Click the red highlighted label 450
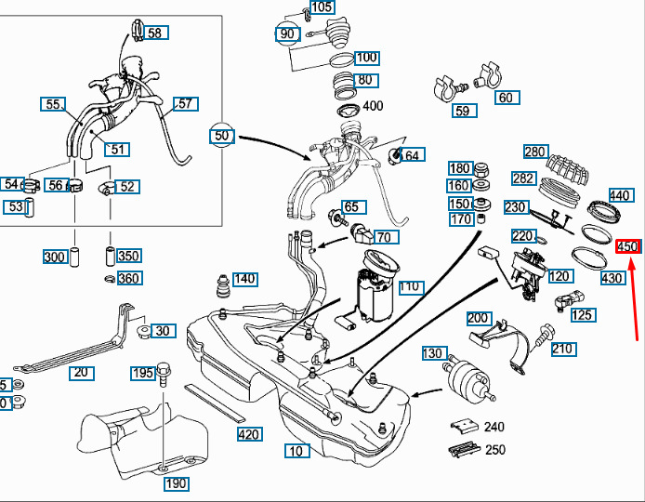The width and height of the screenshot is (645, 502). tap(628, 246)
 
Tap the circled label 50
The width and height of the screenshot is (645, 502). tap(221, 136)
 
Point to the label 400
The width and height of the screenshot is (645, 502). tap(372, 106)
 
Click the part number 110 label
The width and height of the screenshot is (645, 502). tap(410, 287)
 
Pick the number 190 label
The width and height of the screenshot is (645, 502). tap(177, 483)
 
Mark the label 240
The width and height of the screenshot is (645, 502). tap(494, 427)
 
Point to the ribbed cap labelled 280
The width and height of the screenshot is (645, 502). tap(568, 168)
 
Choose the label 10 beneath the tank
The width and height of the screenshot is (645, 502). tap(296, 452)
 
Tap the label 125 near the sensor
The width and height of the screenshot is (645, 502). tap(583, 315)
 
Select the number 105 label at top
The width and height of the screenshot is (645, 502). tap(321, 7)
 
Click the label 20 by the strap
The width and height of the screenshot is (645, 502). tap(81, 373)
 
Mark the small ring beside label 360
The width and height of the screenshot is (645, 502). tap(110, 279)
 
